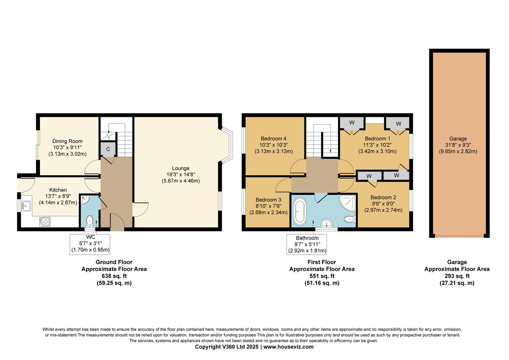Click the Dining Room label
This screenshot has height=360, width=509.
click(x=67, y=141)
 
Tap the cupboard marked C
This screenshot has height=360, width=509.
click(x=108, y=149)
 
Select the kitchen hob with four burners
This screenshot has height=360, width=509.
click(x=45, y=222)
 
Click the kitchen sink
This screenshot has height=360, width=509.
click(x=26, y=206)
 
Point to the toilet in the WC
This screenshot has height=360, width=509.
click(x=90, y=221)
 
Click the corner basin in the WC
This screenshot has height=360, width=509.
click(x=85, y=200)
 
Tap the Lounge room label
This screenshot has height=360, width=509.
click(x=181, y=168)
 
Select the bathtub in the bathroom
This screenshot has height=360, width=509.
click(x=300, y=211)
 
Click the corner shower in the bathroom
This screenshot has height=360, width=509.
click(x=347, y=203)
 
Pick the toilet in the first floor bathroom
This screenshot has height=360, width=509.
click(x=350, y=219)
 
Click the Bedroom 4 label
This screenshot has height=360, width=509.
click(x=273, y=138)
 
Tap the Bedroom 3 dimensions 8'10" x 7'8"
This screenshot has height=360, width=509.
click(x=268, y=206)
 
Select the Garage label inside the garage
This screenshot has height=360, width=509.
click(x=458, y=138)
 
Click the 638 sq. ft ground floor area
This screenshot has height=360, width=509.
click(x=114, y=276)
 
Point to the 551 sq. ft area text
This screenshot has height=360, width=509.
click(x=322, y=276)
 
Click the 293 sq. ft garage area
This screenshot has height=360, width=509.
click(x=457, y=276)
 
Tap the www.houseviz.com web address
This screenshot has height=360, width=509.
click(x=288, y=346)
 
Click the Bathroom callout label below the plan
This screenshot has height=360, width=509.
click(x=307, y=238)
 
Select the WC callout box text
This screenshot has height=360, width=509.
click(x=90, y=244)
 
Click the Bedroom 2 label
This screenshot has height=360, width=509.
click(x=383, y=197)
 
